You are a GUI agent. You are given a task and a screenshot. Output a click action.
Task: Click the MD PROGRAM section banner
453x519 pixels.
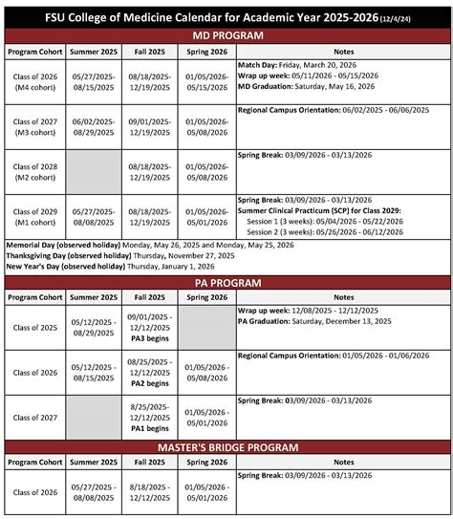click(x=226, y=34)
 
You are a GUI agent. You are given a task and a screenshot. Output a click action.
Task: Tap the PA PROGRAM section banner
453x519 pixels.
click(x=226, y=283)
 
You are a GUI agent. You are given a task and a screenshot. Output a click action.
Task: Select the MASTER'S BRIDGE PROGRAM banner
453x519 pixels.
click(x=226, y=446)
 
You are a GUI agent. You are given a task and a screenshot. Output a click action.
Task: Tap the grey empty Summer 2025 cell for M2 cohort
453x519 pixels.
click(x=94, y=171)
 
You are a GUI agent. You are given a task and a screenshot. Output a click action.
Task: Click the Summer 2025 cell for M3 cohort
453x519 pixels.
click(x=94, y=126)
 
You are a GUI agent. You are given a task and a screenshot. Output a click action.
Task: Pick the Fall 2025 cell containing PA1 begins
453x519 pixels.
click(x=152, y=417)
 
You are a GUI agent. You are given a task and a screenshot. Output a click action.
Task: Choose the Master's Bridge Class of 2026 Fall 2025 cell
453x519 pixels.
click(x=152, y=492)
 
